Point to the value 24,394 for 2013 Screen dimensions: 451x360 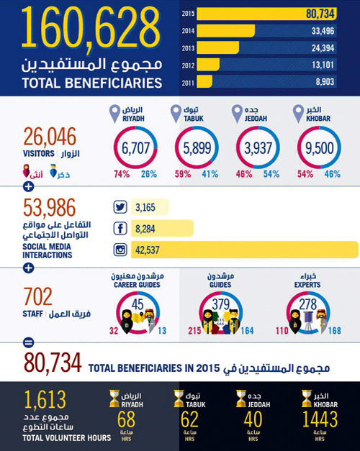[x=333, y=48]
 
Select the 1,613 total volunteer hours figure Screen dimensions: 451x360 [x=45, y=400]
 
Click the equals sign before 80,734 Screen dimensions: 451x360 [x=29, y=342]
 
